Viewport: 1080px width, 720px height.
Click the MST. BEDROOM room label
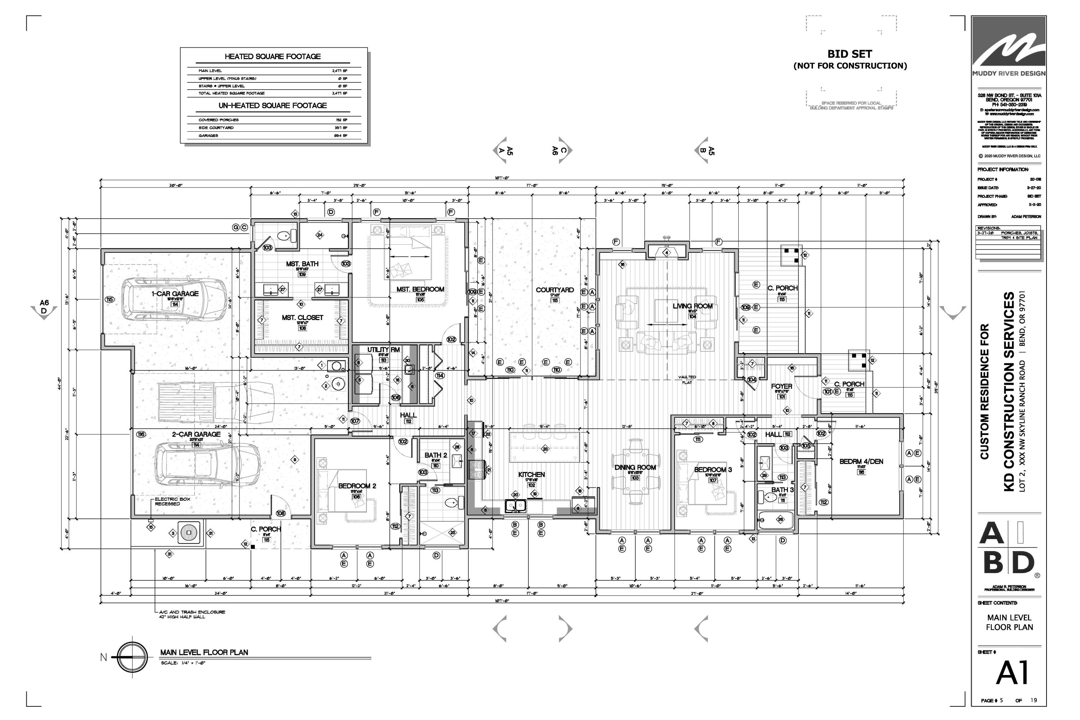pyautogui.click(x=420, y=289)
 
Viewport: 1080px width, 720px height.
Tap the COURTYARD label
pyautogui.click(x=555, y=290)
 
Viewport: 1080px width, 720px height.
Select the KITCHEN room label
pyautogui.click(x=531, y=474)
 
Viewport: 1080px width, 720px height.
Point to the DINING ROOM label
pyautogui.click(x=635, y=467)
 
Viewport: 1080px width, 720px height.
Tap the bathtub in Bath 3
pyautogui.click(x=776, y=520)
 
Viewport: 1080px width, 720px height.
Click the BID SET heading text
pyautogui.click(x=850, y=54)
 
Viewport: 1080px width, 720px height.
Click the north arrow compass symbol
pyautogui.click(x=132, y=657)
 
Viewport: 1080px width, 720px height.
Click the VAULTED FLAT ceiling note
pyautogui.click(x=687, y=380)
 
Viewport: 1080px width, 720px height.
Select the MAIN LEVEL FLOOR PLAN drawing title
pyautogui.click(x=204, y=652)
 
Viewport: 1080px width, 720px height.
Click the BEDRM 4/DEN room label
pyautogui.click(x=861, y=462)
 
